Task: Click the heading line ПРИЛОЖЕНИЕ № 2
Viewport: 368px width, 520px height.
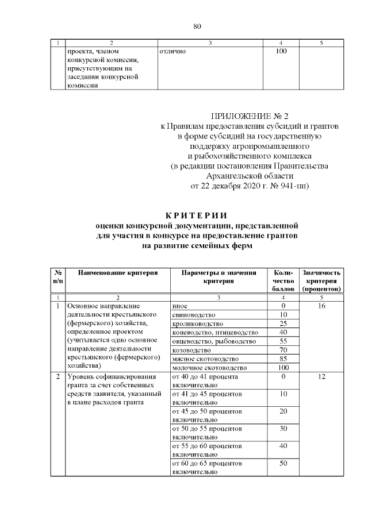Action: click(248, 117)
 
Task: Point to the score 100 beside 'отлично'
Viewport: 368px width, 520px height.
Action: click(281, 52)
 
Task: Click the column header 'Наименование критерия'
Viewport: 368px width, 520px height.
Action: click(118, 272)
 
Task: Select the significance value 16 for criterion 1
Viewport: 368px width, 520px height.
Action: click(322, 306)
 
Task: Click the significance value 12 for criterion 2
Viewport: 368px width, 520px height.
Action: click(322, 377)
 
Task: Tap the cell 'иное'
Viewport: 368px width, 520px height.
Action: click(179, 306)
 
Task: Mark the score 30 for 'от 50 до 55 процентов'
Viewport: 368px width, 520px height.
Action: click(283, 429)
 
